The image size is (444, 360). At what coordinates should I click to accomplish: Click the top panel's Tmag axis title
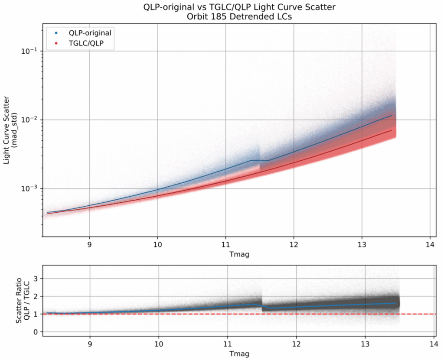(x=239, y=254)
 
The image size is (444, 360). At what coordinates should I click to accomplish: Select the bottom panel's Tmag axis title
(x=239, y=353)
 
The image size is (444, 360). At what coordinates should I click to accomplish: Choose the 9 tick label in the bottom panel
(x=90, y=342)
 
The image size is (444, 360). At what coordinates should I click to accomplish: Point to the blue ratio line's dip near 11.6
(x=270, y=308)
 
